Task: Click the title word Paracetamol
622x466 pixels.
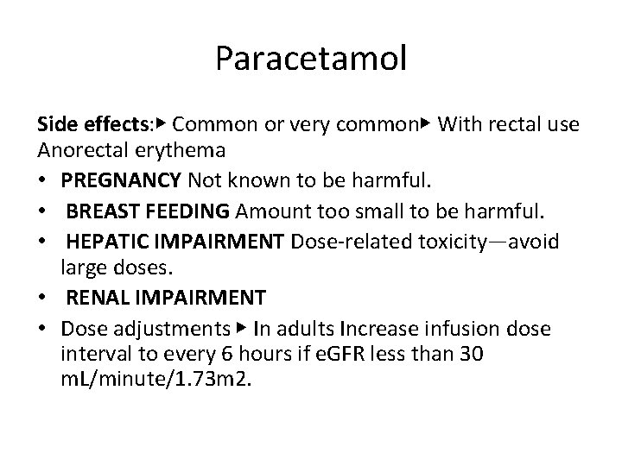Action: click(311, 60)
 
